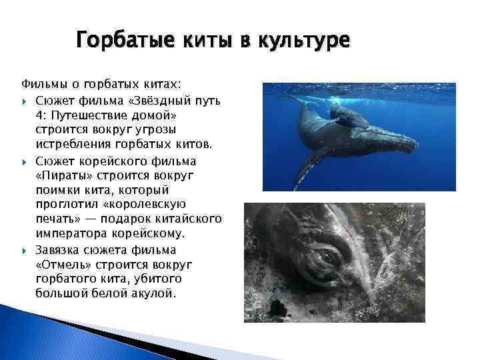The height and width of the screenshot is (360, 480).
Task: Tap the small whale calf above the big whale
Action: click(347, 116)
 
